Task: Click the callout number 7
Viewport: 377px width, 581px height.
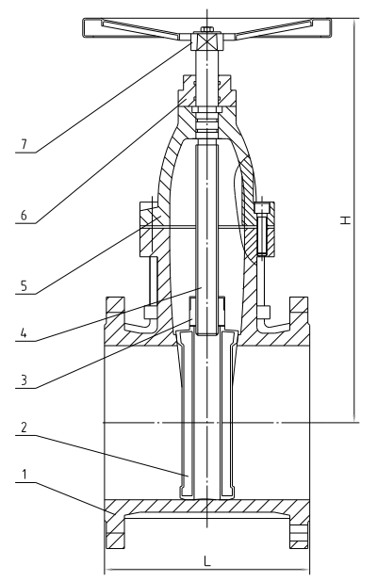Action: click(x=25, y=144)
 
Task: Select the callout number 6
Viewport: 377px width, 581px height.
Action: click(x=25, y=215)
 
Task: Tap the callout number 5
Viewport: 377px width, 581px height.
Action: click(x=25, y=285)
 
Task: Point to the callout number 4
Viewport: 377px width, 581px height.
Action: click(x=25, y=333)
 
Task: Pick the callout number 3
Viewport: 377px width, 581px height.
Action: click(x=25, y=380)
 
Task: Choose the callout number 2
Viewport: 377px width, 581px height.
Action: click(x=25, y=428)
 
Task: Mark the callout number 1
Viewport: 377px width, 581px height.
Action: click(x=25, y=475)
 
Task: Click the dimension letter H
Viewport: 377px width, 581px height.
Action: click(x=346, y=220)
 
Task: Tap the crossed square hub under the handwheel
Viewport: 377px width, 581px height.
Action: click(x=206, y=41)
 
